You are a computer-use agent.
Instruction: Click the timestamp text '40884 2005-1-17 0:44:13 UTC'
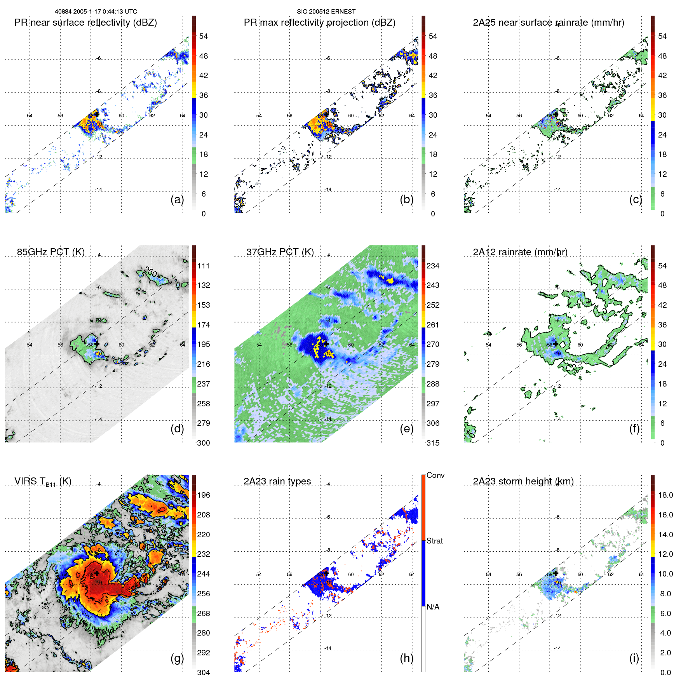[96, 12]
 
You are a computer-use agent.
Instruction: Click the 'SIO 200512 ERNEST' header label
[326, 12]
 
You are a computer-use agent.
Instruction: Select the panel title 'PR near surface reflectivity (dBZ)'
[85, 23]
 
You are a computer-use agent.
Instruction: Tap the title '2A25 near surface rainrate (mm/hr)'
[548, 23]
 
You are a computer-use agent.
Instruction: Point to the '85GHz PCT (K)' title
[51, 252]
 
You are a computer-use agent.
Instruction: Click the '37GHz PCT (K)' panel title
[280, 252]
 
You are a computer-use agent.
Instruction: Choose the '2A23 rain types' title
[277, 481]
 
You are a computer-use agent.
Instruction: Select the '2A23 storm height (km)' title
[523, 481]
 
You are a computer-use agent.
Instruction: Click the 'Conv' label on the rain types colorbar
[435, 475]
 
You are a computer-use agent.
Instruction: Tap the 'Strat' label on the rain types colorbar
[434, 541]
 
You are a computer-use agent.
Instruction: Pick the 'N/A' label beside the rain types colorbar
[433, 607]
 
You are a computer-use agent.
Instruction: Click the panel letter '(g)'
[177, 658]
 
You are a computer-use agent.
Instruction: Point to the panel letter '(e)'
[406, 428]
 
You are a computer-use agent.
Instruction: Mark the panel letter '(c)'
[636, 199]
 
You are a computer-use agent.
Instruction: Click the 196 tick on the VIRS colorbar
[203, 495]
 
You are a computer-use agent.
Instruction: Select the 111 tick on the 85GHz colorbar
[203, 266]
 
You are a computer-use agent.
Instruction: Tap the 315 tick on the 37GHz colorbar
[433, 443]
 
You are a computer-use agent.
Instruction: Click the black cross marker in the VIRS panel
[96, 573]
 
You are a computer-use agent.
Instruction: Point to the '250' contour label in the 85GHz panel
[150, 272]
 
